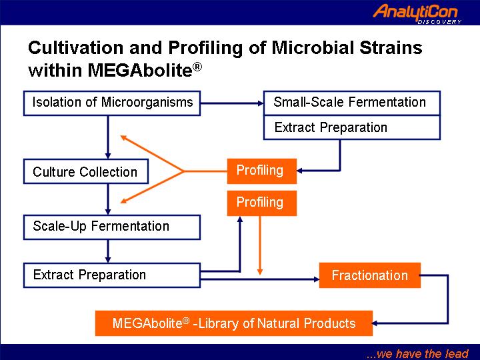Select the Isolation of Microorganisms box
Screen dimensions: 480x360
coord(112,103)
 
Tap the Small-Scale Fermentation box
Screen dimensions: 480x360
coord(352,103)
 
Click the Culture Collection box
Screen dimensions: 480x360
coord(86,171)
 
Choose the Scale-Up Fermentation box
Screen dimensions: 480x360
coord(112,227)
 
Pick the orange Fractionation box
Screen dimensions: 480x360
coord(370,275)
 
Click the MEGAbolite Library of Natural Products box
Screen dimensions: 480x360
coord(234,323)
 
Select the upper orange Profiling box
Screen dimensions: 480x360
coord(262,171)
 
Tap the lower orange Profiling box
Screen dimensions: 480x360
coord(262,203)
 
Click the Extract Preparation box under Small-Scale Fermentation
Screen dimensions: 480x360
coord(352,127)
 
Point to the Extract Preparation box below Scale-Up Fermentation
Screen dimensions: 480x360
coord(112,275)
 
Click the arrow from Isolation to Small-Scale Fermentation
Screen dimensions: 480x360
coord(232,103)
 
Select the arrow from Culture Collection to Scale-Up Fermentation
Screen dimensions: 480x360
coord(108,199)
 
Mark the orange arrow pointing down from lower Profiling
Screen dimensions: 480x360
coord(260,245)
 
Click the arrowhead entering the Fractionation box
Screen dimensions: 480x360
coord(317,279)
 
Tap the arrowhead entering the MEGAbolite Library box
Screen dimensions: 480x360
coord(375,323)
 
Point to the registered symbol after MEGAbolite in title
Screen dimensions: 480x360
coord(197,67)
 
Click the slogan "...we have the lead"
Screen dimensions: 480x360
coord(417,353)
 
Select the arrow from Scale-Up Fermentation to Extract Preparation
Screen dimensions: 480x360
coord(108,251)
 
